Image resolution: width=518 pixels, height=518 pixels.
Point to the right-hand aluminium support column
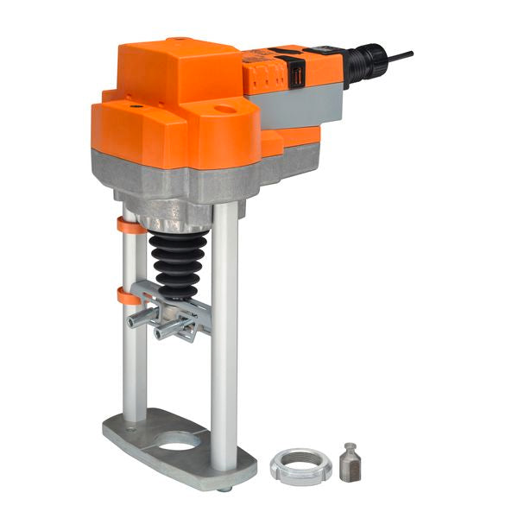click(x=224, y=337)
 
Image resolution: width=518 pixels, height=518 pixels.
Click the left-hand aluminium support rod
click(x=134, y=345)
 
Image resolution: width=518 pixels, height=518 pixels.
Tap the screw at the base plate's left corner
click(x=130, y=426)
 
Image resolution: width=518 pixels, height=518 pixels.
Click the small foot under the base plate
click(x=224, y=489)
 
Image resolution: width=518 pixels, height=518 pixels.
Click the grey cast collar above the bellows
click(x=177, y=212)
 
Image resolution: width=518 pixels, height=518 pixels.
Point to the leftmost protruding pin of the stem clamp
click(x=136, y=321)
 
